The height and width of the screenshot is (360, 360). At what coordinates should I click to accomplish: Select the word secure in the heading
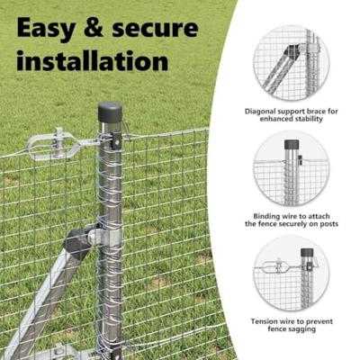click(x=163, y=28)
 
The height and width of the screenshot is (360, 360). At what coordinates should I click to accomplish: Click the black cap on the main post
click(x=110, y=112)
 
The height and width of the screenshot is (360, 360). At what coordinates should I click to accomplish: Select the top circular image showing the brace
click(x=290, y=62)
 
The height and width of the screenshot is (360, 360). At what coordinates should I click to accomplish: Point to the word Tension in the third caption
click(x=264, y=321)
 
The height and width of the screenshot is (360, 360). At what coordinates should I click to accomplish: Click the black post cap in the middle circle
click(x=292, y=144)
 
